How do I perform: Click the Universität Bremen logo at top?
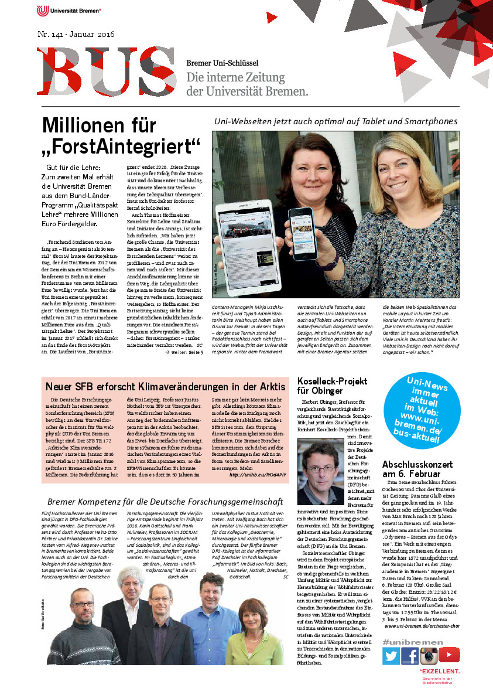coord(69,11)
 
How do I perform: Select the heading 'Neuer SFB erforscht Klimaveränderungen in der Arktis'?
coord(165,387)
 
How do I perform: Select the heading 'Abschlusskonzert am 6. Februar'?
coord(417,469)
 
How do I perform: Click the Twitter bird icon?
coord(391,656)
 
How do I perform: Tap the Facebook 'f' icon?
coord(410,656)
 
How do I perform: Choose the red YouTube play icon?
coord(449,655)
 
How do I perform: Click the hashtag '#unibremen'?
coord(405,642)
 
